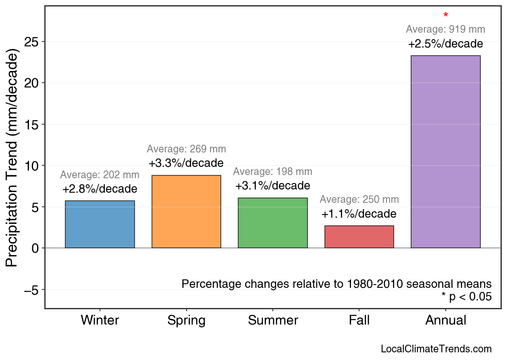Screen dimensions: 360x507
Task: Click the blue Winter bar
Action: (100, 224)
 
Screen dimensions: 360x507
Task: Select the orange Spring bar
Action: (186, 212)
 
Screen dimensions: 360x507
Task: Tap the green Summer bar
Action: (273, 223)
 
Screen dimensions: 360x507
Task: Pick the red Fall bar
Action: (359, 237)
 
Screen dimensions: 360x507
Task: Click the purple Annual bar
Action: (445, 152)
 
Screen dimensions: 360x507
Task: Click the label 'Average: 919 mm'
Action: (445, 29)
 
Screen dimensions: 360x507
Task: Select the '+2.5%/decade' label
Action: (445, 44)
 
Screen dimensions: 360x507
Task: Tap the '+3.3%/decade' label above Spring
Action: (186, 163)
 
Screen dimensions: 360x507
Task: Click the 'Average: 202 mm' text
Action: (100, 175)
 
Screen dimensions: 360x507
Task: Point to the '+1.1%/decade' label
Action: (359, 214)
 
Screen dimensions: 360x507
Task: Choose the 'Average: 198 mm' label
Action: (273, 172)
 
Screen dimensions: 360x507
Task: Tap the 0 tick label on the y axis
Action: (35, 248)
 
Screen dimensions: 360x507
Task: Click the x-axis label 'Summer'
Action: (273, 320)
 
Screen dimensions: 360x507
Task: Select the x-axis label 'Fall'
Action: (359, 320)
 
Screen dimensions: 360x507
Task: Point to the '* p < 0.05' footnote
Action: (466, 297)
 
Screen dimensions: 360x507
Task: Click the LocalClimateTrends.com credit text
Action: (436, 349)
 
